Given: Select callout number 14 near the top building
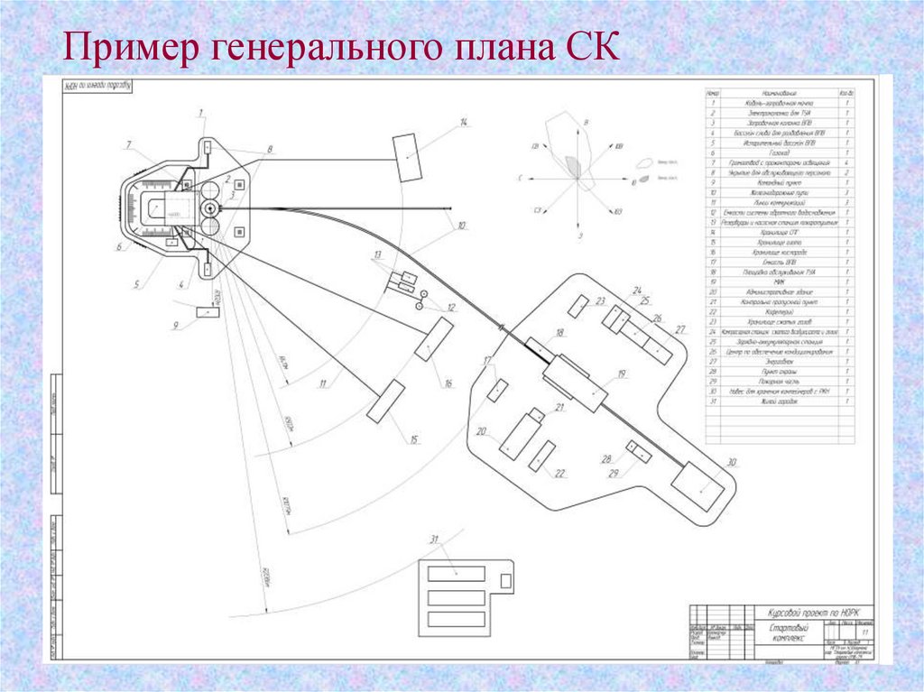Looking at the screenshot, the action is pos(464,122).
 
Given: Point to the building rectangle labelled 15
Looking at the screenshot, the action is pos(386,401).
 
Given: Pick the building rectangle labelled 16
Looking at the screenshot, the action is pos(434,339).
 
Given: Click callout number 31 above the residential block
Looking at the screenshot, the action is pos(434,540).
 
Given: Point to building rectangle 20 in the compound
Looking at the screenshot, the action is pos(519,437).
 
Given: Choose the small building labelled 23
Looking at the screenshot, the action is pos(580,305).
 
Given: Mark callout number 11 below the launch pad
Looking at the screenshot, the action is pos(322,383).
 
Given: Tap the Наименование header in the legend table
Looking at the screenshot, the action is pos(776,93).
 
